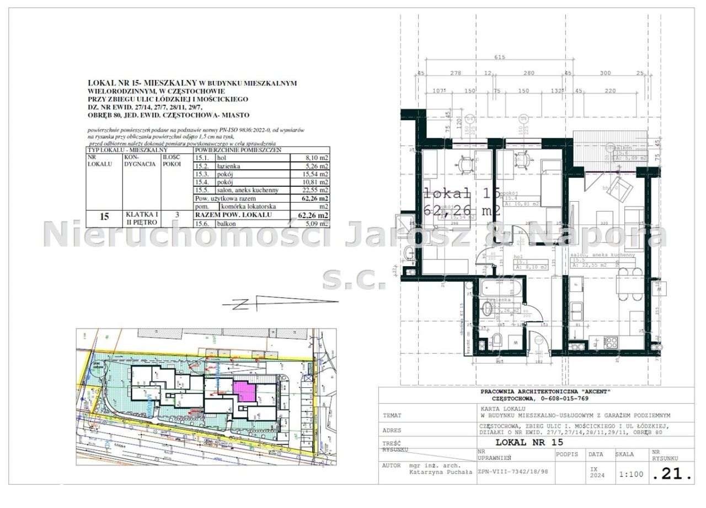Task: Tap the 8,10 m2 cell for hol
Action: [317, 157]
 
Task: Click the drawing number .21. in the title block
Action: [671, 473]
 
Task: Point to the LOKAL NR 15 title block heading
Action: [529, 442]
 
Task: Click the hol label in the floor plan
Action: [517, 256]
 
